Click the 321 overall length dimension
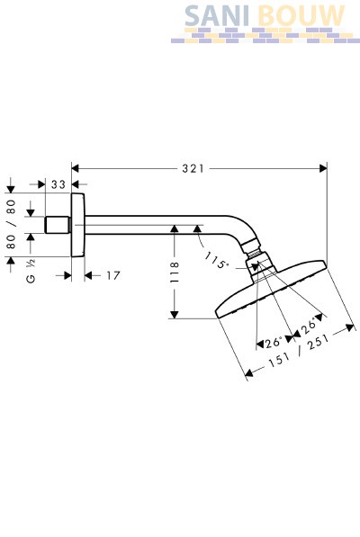[193, 168]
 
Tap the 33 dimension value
[58, 184]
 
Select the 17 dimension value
[113, 275]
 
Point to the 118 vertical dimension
[175, 273]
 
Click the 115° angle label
[217, 261]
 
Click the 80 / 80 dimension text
[12, 224]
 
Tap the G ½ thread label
[31, 271]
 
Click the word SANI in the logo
[217, 16]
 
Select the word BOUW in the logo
[301, 16]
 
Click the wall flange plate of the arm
[77, 225]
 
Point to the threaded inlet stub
[58, 225]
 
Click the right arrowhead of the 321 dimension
[323, 168]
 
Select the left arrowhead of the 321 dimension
[76, 168]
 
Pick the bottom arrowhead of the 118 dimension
[175, 315]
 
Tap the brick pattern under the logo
[265, 36]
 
